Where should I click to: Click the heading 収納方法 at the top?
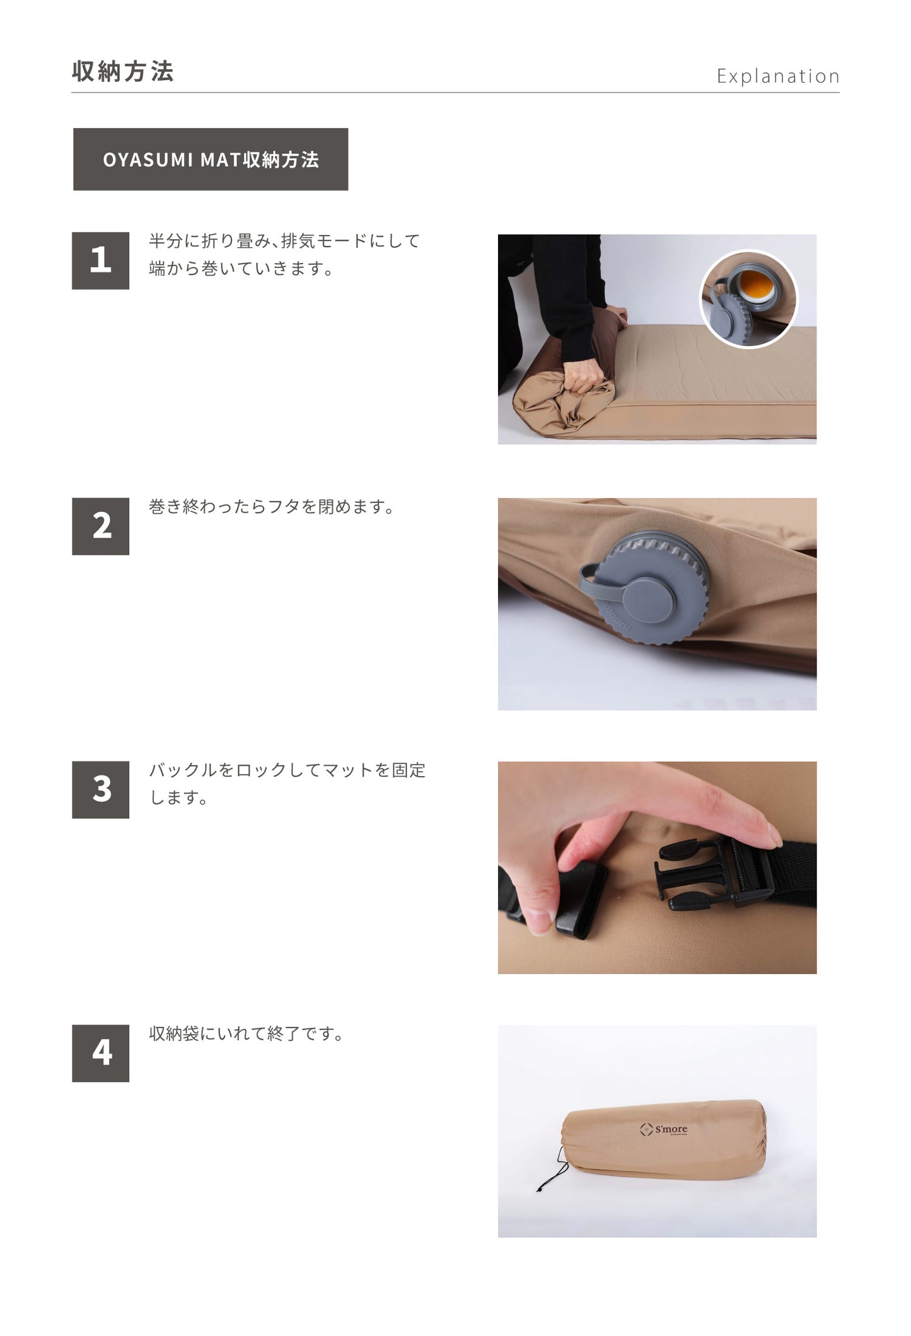pos(123,71)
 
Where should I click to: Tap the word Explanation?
pos(778,76)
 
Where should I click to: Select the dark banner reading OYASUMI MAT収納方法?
pos(211,160)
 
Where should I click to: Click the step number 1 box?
pos(100,260)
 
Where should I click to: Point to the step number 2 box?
pos(100,526)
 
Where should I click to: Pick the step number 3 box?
pos(100,789)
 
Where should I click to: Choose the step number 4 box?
pos(100,1053)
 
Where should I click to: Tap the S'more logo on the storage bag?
pos(663,1129)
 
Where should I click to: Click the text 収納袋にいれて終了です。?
pos(247,1034)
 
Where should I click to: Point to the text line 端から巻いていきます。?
pos(241,269)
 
